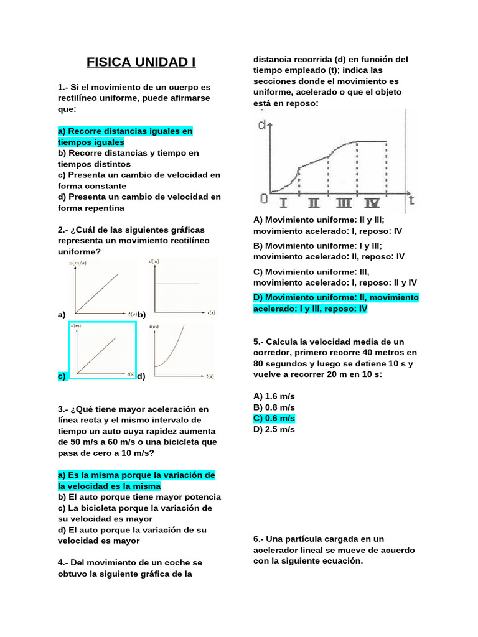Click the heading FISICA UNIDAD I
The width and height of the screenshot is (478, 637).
(141, 63)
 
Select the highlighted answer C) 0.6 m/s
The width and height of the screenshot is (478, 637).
(274, 418)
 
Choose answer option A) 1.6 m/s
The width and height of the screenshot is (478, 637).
(274, 396)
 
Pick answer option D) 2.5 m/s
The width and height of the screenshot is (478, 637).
(274, 429)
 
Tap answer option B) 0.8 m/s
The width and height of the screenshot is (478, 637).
(274, 407)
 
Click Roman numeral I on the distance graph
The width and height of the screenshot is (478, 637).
(283, 203)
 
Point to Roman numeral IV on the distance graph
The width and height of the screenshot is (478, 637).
(372, 203)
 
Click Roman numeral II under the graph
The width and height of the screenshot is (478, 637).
(313, 203)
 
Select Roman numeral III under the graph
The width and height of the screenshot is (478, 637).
(343, 203)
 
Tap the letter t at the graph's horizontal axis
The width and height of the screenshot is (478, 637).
(411, 200)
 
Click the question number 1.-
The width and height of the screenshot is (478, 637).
(63, 87)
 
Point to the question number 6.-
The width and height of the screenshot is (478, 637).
(260, 539)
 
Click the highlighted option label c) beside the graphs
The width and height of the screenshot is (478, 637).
(62, 376)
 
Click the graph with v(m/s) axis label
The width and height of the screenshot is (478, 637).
(103, 287)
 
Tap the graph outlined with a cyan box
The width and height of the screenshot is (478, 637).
(103, 350)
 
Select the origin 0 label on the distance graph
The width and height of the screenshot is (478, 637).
(263, 199)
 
